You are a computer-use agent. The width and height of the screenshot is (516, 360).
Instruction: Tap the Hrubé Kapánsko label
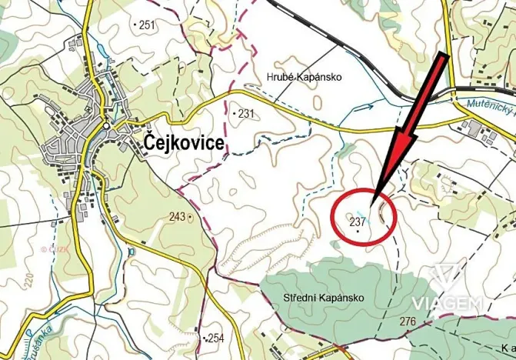302,77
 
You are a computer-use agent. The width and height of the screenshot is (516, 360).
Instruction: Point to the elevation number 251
146,25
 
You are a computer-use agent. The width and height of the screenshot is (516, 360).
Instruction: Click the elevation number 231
245,113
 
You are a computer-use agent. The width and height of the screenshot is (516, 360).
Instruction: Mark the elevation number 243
177,217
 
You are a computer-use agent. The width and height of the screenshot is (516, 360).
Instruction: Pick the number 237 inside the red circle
357,222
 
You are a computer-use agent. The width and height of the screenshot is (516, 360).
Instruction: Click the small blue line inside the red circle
362,215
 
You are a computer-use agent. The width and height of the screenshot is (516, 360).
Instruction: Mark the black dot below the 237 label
358,232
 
